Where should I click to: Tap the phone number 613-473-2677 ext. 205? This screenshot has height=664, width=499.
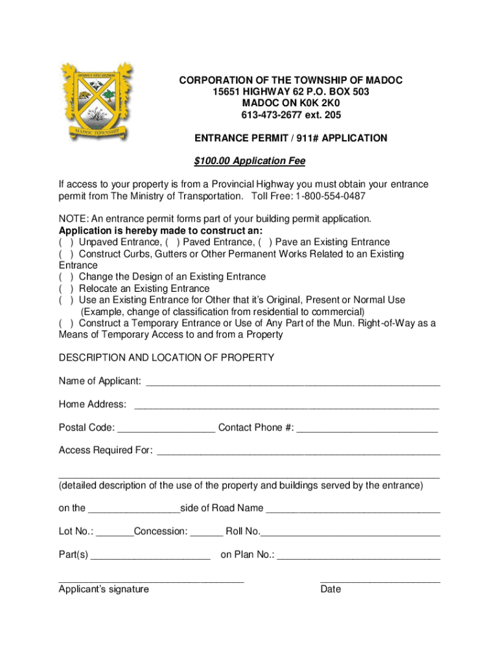click(x=291, y=115)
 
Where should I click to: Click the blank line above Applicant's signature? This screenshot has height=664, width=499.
click(x=151, y=580)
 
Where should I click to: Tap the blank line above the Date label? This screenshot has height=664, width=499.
click(x=380, y=580)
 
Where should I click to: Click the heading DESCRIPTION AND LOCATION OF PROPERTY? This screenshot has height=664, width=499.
click(x=167, y=358)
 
